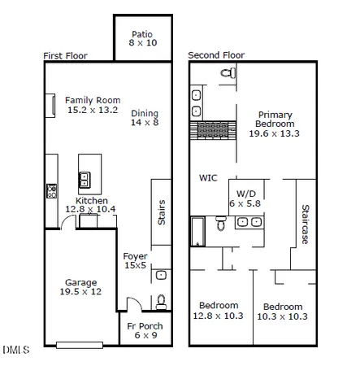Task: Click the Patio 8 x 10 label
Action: point(143,37)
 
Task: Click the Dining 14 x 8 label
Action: point(145,119)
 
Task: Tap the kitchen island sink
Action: point(83,178)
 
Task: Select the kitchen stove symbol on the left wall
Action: point(50,192)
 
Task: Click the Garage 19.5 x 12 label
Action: point(82,286)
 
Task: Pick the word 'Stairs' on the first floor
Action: point(161,214)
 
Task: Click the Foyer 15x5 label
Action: point(135,261)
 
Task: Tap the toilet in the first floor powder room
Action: point(161,301)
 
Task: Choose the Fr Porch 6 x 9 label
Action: point(145,331)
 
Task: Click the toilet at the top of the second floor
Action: point(226,74)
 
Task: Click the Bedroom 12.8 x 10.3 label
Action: point(220,310)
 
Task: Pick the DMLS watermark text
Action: point(15,351)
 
